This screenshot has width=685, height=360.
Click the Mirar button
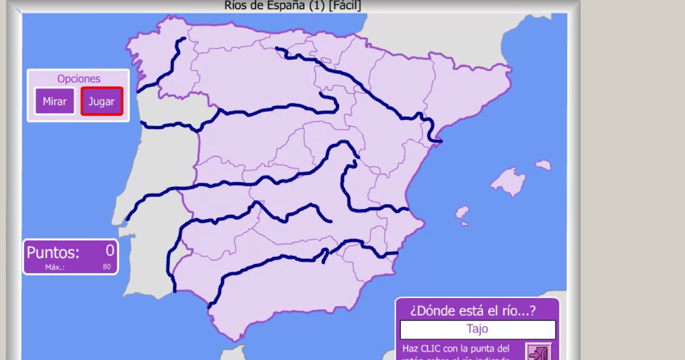point(55,102)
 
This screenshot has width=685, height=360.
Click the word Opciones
point(79,79)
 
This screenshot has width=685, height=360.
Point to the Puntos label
point(53,252)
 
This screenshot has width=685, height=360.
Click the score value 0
point(110,250)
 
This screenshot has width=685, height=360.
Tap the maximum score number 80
point(107,266)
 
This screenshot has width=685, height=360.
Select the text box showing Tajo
point(477,329)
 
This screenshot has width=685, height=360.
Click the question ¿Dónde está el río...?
point(473,311)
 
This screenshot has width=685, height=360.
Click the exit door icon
point(538,353)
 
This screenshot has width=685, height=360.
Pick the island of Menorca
point(543,165)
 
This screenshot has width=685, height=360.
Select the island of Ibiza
point(462,213)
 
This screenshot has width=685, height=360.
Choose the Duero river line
point(268,108)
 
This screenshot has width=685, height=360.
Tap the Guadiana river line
point(228,218)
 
